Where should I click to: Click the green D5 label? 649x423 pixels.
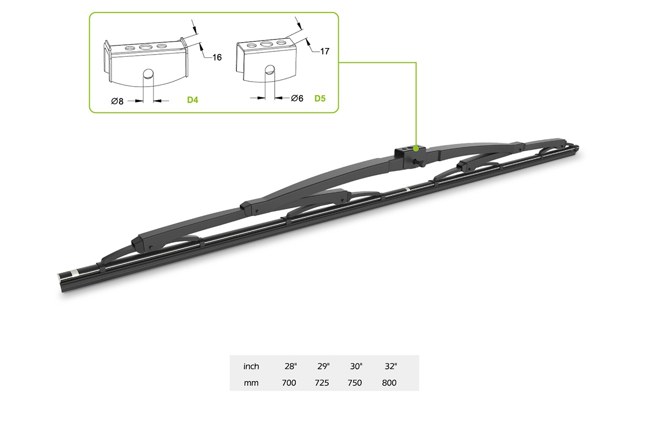point(321,100)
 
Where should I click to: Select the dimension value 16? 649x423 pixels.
point(217,57)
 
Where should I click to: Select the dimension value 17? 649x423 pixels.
point(325,51)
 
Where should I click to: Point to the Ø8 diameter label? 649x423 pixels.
point(117,101)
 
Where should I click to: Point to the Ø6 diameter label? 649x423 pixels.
point(297,98)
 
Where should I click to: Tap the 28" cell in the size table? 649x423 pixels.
point(290,366)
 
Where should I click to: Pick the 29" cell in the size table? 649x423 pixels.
point(323,366)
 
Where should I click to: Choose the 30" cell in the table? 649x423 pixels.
point(355,366)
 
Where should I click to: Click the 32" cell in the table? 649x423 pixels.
point(390,366)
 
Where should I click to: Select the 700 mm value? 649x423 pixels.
point(289,383)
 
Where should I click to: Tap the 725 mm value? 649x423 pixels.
point(322,383)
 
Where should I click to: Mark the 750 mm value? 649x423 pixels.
point(355,383)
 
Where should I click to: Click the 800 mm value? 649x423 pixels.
point(389,383)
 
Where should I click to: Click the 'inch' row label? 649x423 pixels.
point(251,366)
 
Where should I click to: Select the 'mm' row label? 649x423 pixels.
point(251,383)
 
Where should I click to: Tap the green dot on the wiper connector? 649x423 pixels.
point(415,148)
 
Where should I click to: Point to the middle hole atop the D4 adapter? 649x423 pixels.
point(145,47)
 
